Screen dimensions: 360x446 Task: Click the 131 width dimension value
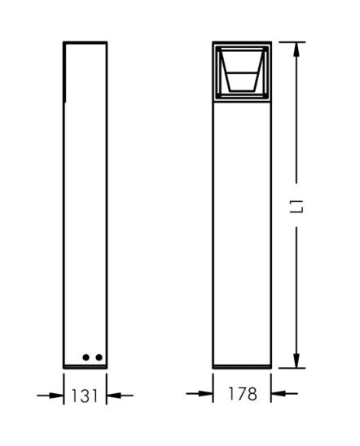tap(85, 396)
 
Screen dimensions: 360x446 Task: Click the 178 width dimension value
tap(243, 394)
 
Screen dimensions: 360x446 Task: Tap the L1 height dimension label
tap(296, 206)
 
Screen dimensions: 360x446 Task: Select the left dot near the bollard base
tap(86, 357)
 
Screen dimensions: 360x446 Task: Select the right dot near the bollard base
tap(99, 357)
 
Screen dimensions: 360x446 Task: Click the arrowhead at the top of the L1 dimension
tap(296, 50)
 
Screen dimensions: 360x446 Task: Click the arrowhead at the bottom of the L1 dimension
tap(296, 361)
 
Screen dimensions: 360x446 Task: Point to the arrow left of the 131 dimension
tap(50, 396)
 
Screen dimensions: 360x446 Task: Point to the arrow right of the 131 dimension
tap(120, 396)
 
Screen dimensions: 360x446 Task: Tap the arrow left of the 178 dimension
tap(200, 394)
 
